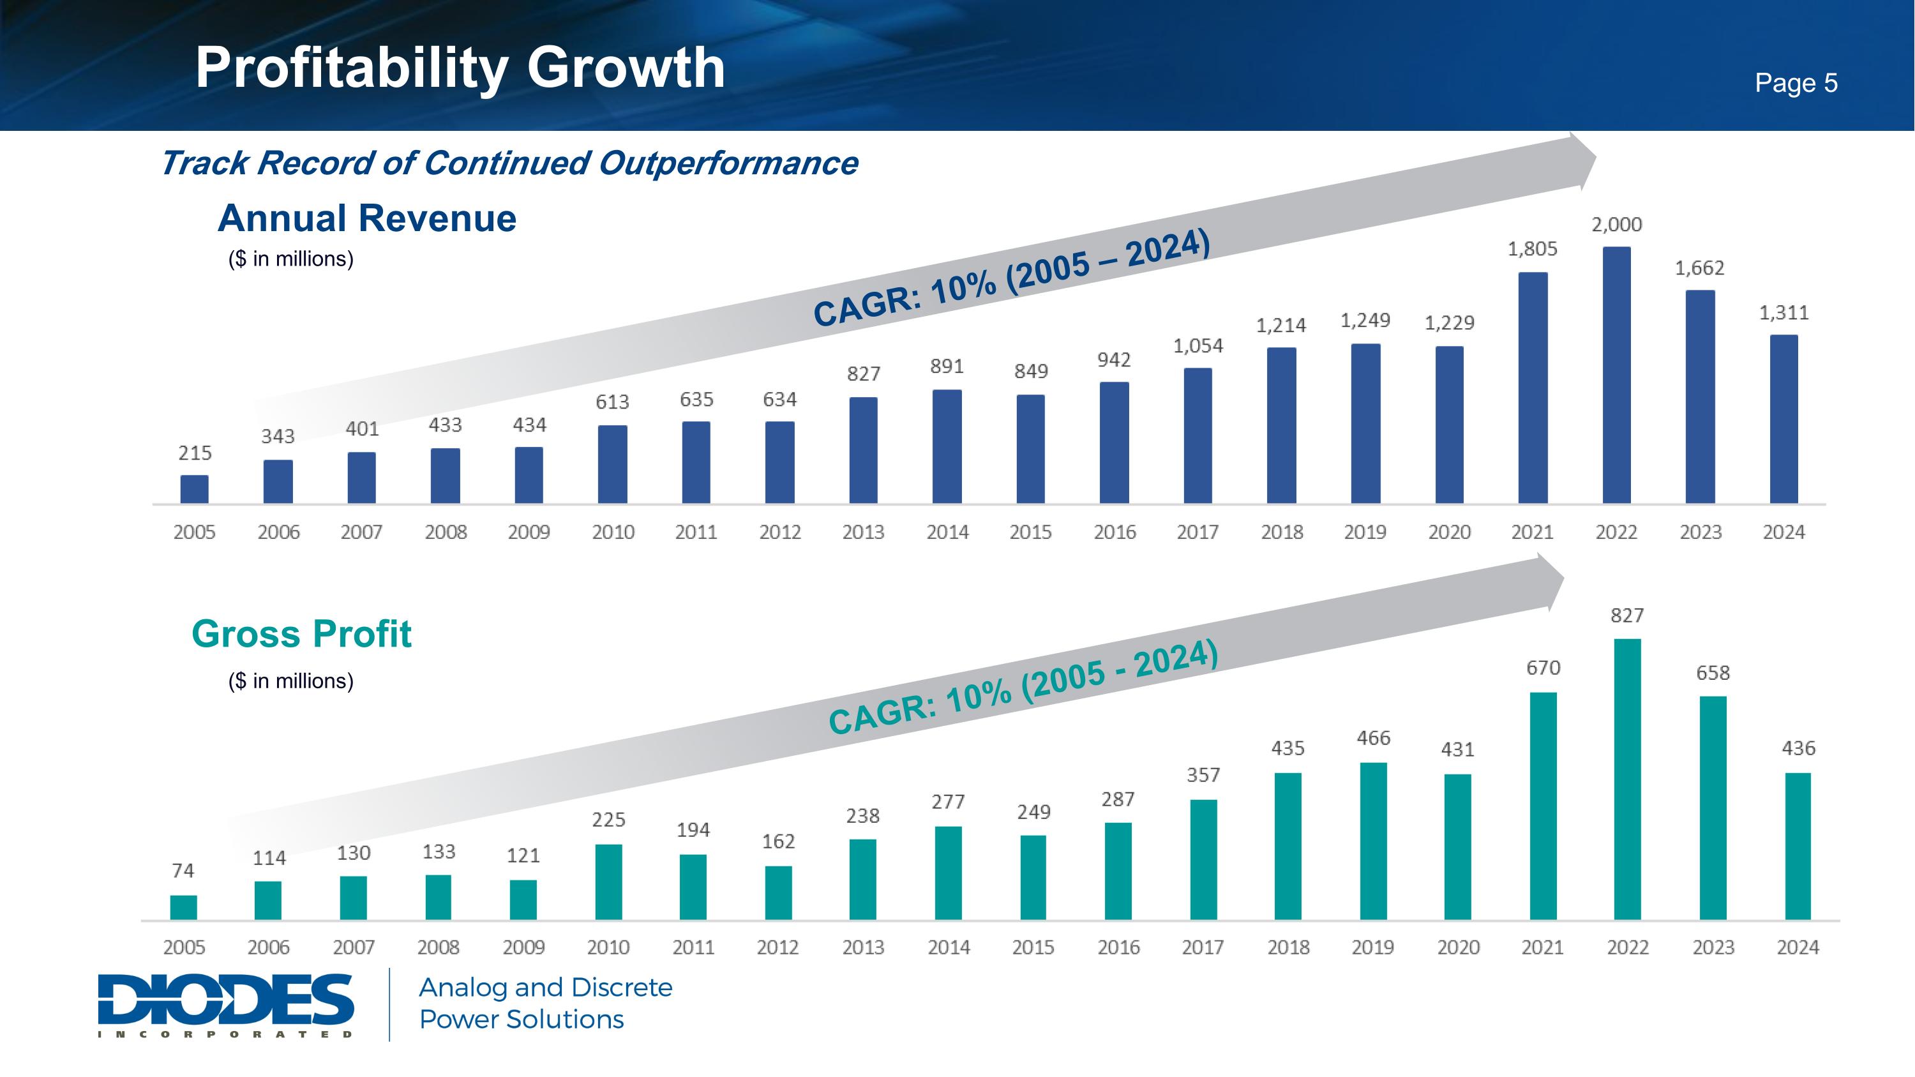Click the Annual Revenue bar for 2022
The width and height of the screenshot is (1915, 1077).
(1616, 375)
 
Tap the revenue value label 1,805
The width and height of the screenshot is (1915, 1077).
(1532, 249)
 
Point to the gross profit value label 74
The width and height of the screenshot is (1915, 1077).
(183, 870)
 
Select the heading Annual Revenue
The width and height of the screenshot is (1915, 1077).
(366, 218)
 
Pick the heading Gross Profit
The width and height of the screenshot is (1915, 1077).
(301, 634)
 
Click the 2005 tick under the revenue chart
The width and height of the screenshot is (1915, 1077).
(194, 532)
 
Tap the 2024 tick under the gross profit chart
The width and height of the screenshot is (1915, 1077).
(1798, 947)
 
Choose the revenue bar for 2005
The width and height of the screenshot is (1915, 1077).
(194, 489)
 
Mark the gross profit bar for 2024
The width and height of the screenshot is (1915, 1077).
(1798, 847)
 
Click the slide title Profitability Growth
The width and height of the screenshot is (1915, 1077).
(460, 68)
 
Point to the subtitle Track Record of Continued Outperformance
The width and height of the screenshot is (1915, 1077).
(509, 163)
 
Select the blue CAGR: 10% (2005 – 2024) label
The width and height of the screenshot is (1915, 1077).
(1012, 278)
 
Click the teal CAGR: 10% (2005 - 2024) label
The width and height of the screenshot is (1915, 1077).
(1023, 687)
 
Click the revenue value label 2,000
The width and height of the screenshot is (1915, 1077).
(1616, 225)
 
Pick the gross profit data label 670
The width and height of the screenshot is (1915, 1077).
(1543, 668)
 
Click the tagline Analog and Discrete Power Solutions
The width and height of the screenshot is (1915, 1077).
(546, 1004)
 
